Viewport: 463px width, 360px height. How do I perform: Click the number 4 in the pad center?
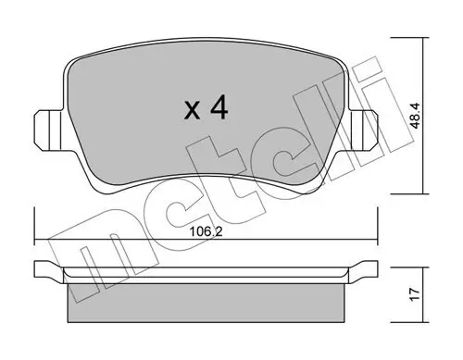(219, 109)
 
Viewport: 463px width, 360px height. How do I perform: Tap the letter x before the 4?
(191, 112)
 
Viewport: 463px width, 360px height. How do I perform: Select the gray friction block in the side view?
(206, 298)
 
